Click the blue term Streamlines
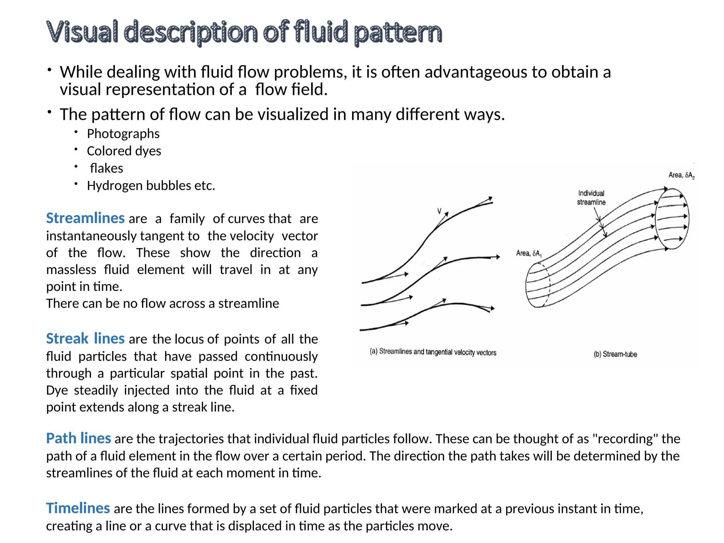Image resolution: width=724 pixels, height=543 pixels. click(85, 218)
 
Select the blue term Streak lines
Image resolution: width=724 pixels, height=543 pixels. click(85, 339)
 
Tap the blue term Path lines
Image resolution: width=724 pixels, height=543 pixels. click(78, 438)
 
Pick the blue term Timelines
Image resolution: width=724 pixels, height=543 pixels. click(78, 508)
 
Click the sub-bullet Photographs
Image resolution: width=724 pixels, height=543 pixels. click(123, 134)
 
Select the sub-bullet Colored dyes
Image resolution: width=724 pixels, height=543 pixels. click(124, 151)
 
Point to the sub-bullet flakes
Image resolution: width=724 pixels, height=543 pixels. click(106, 168)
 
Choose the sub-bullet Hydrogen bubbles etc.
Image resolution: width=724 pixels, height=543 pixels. click(151, 186)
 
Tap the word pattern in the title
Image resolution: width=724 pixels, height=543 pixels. click(398, 33)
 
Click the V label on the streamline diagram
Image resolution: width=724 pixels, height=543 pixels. click(439, 211)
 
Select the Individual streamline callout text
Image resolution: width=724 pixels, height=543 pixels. click(591, 198)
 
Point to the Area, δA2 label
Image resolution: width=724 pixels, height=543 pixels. click(681, 175)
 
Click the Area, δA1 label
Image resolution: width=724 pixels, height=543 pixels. click(529, 253)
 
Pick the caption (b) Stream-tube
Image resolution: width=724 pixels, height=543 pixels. click(615, 354)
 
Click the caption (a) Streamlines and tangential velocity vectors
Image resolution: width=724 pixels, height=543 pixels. click(433, 352)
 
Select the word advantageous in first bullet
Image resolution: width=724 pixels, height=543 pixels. click(476, 72)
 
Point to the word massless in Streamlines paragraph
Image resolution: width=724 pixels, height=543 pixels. click(71, 270)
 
